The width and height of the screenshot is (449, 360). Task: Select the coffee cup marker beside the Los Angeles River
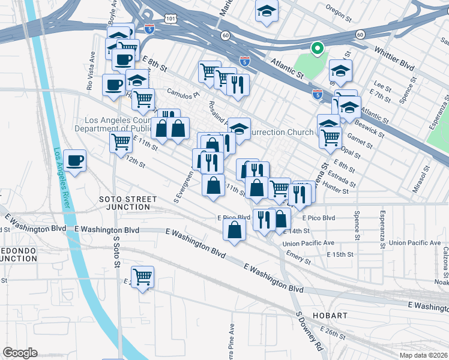pyautogui.click(x=76, y=161)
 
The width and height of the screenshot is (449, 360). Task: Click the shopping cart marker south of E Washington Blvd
pyautogui.click(x=142, y=277)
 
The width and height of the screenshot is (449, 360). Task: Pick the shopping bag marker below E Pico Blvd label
pyautogui.click(x=234, y=230)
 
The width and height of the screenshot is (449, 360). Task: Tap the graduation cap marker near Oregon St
pyautogui.click(x=267, y=12)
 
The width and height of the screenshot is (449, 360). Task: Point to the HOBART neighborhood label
pyautogui.click(x=330, y=315)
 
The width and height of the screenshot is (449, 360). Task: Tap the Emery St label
pyautogui.click(x=298, y=257)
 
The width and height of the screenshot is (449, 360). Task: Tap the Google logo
pyautogui.click(x=20, y=353)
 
